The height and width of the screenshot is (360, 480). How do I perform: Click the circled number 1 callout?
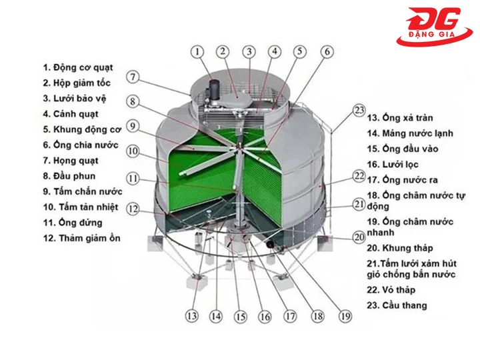pos(197,51)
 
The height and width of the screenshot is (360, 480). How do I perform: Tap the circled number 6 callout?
pos(326,51)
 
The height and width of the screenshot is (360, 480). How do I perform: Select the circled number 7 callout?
pos(134,77)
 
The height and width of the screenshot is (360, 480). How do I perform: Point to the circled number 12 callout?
pos(134,209)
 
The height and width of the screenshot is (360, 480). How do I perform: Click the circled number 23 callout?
pos(359,110)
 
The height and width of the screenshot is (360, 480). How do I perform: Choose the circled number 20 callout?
pos(359,237)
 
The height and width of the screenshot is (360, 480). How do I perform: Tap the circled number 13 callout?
pos(193,315)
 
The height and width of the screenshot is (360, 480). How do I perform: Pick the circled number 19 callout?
pos(345,315)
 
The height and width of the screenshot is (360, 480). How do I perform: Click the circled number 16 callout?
pos(265,317)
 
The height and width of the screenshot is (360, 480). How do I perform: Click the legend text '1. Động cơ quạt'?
pos(78,67)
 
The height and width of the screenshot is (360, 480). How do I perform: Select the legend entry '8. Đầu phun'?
pos(69,176)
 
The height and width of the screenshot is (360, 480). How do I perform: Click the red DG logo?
pos(434,27)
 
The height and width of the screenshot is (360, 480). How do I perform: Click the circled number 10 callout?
pos(134,151)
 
